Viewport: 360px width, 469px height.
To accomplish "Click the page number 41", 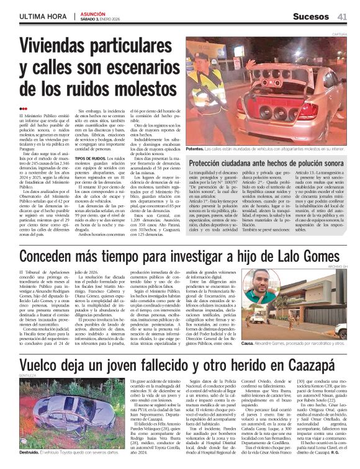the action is pos(343,16).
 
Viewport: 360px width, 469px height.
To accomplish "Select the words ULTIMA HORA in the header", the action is pos(43,16).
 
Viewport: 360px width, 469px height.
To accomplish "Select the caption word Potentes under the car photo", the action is pos(196,150).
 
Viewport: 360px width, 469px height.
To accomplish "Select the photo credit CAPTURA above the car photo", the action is pos(339,34).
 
